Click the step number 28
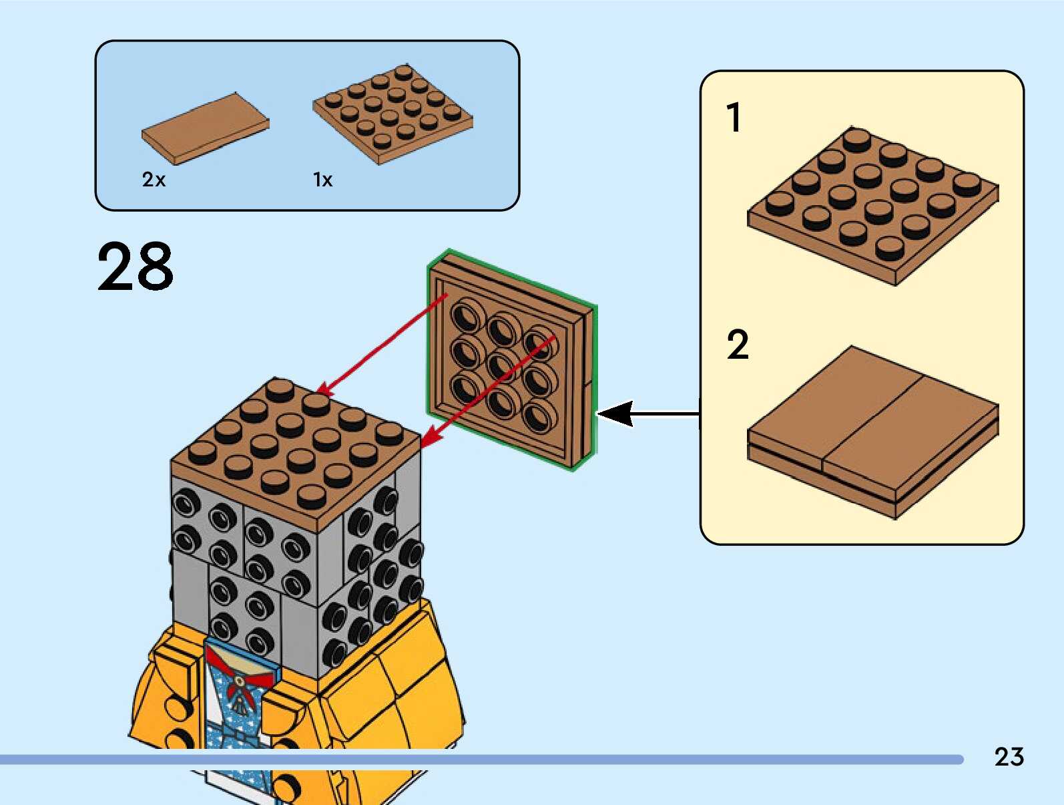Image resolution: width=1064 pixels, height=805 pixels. pyautogui.click(x=136, y=267)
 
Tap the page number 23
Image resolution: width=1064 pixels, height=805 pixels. pyautogui.click(x=1009, y=756)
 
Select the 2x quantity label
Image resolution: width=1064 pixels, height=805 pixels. pyautogui.click(x=154, y=180)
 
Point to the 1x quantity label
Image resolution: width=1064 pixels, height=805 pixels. pyautogui.click(x=323, y=180)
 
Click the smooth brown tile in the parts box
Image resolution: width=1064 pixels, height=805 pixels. pyautogui.click(x=205, y=129)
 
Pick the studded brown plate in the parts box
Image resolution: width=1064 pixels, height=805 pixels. pyautogui.click(x=392, y=114)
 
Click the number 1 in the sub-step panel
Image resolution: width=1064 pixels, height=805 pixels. pyautogui.click(x=734, y=117)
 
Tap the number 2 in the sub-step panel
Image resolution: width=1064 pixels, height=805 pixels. pyautogui.click(x=738, y=345)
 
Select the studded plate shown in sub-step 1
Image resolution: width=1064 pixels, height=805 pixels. pyautogui.click(x=872, y=206)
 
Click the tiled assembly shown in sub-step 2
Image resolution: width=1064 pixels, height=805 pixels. pyautogui.click(x=872, y=432)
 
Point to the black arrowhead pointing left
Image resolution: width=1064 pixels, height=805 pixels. pyautogui.click(x=615, y=414)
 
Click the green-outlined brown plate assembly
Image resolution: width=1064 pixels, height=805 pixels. pyautogui.click(x=512, y=360)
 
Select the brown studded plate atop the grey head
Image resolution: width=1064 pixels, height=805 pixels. pyautogui.click(x=296, y=454)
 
